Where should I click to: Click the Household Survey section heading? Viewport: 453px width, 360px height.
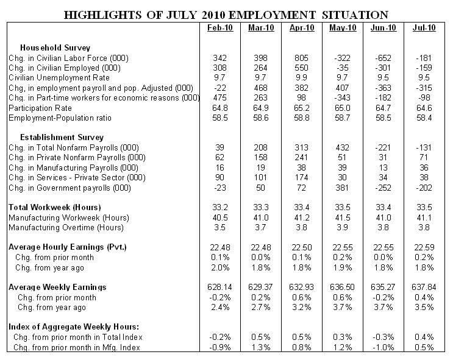(x=56, y=47)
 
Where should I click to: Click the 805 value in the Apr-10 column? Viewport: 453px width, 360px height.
(x=302, y=57)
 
